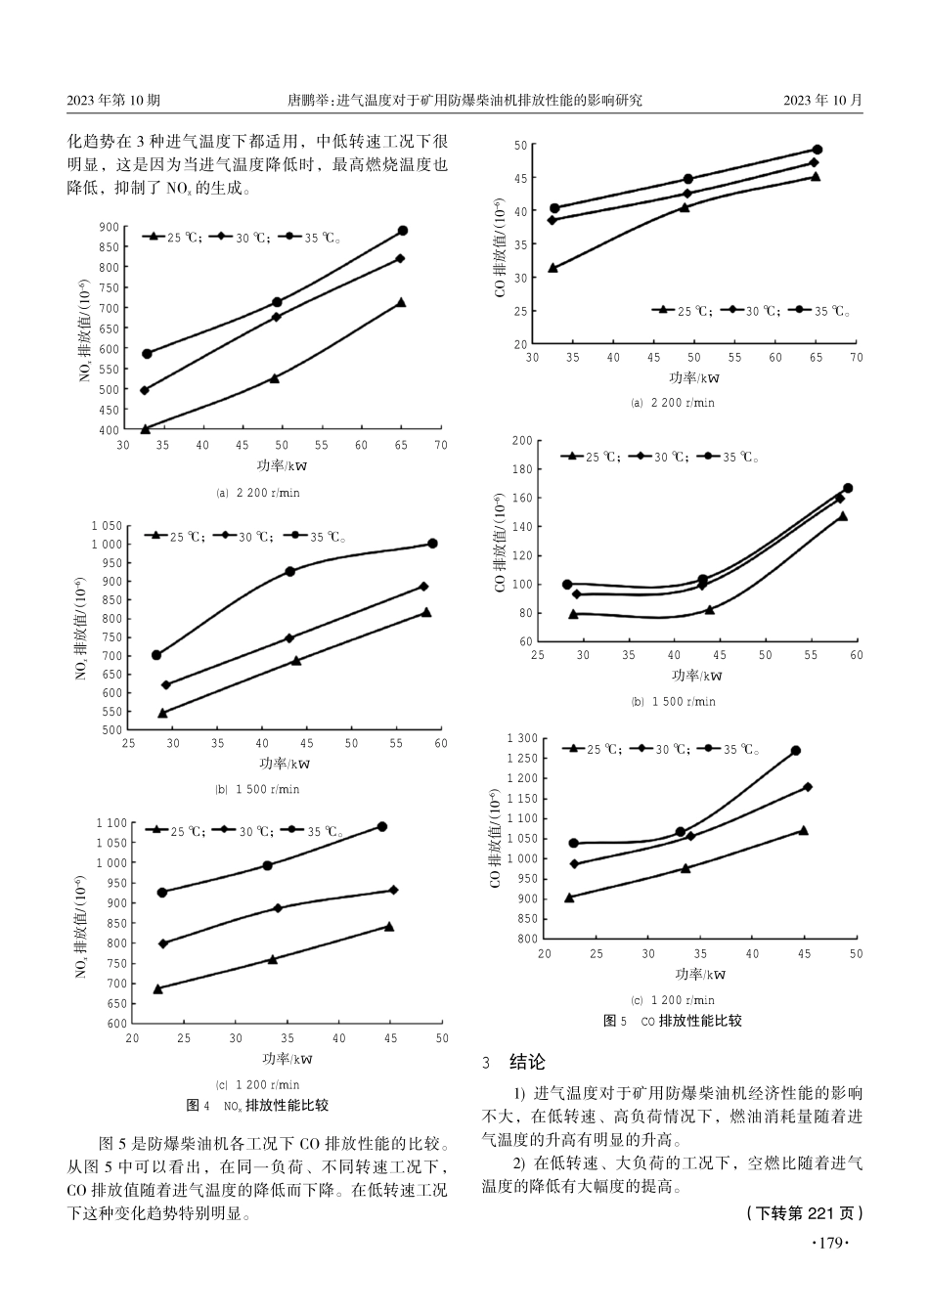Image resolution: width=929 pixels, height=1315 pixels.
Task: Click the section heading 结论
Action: pos(527,1062)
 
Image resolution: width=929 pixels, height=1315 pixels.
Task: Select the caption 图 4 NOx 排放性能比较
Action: pos(257,1106)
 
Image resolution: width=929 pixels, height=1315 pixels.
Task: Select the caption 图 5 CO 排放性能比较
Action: pos(673,1021)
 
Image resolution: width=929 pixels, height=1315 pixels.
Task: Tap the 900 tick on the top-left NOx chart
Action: pos(109,227)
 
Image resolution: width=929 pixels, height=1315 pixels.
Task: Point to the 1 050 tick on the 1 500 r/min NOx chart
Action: pos(106,526)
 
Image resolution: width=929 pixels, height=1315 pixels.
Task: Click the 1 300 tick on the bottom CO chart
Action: pos(521,738)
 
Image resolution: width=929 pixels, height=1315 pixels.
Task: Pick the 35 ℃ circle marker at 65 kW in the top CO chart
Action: pos(818,150)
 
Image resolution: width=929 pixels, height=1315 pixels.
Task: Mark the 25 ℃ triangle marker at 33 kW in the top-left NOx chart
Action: pos(145,428)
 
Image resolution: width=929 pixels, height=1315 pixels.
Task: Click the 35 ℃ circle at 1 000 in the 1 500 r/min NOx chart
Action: pos(432,544)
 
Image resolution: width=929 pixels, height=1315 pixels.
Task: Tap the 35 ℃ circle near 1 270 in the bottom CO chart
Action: pos(795,751)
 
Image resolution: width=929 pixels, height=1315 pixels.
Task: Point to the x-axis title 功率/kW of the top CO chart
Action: pos(694,377)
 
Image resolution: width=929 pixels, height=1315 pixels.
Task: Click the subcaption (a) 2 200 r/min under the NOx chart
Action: pos(257,493)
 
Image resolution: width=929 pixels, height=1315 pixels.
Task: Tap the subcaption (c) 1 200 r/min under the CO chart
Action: pos(673,1000)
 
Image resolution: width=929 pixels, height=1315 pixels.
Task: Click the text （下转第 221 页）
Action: pos(804,1213)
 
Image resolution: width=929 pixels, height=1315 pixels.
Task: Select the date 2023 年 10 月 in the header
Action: pos(823,100)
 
